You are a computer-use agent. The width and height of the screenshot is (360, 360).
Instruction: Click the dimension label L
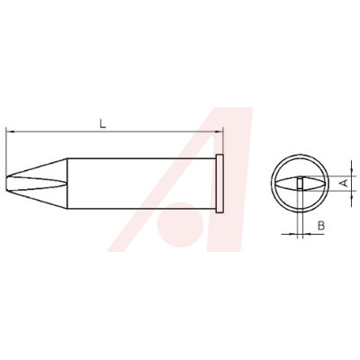tap(103, 123)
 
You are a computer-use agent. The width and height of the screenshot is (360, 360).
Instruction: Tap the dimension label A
tap(345, 183)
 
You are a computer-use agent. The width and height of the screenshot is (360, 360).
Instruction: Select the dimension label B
tap(321, 225)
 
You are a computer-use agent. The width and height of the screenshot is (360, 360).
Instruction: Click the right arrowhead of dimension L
tap(220, 131)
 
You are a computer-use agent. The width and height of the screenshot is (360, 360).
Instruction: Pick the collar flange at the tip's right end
tap(220, 184)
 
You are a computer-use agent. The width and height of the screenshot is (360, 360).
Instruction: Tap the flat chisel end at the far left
tap(6, 184)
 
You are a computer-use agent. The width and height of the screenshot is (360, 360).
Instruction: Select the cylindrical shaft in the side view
tap(141, 184)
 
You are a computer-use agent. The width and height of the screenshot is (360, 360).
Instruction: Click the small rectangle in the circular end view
tap(300, 184)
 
